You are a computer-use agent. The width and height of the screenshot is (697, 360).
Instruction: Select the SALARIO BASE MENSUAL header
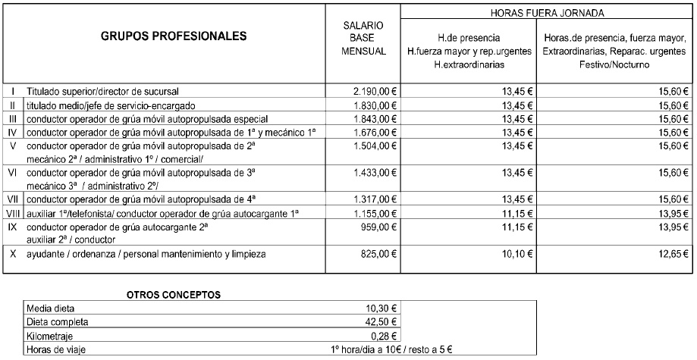[362, 37]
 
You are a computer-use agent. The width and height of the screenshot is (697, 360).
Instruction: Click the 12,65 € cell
[670, 254]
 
